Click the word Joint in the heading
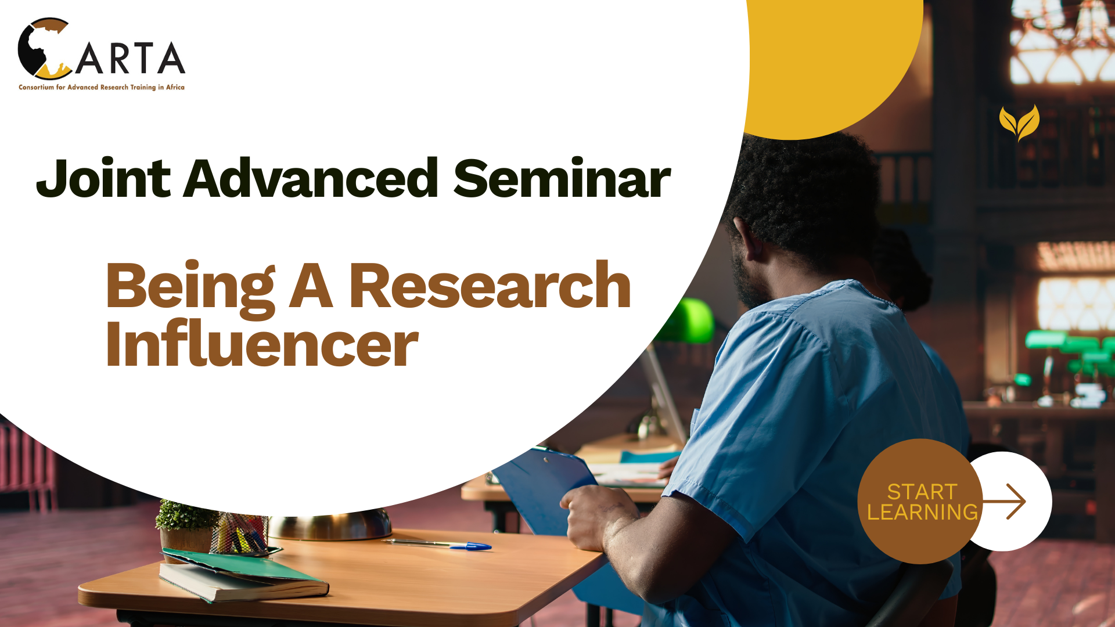tap(103, 179)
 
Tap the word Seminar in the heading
tap(562, 179)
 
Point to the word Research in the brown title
tap(490, 286)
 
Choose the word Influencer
tap(262, 345)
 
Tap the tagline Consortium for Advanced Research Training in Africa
tap(102, 88)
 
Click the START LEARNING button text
tap(922, 502)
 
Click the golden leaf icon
tap(1019, 122)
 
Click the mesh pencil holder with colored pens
tap(239, 533)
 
